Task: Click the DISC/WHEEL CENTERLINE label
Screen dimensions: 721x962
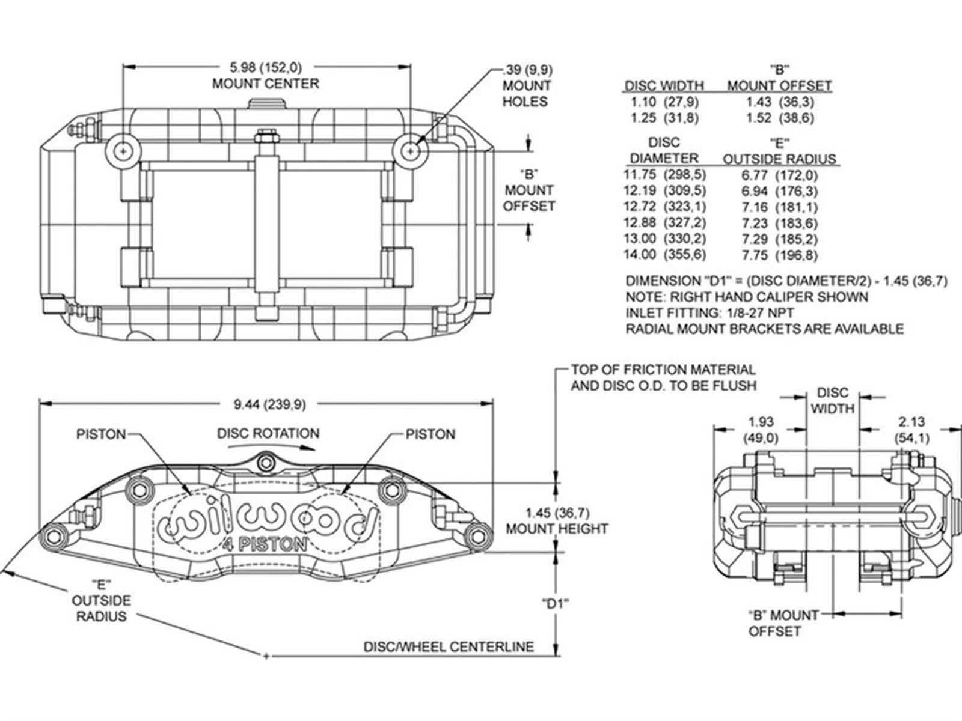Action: (449, 647)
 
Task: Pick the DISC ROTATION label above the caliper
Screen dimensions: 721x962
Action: (268, 433)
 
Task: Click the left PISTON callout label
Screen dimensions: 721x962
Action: (101, 434)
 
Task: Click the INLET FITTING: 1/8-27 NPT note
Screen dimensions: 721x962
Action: (709, 313)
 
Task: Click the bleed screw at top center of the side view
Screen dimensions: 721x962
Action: (265, 462)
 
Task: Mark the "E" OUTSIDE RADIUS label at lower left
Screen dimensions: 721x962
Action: (101, 600)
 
